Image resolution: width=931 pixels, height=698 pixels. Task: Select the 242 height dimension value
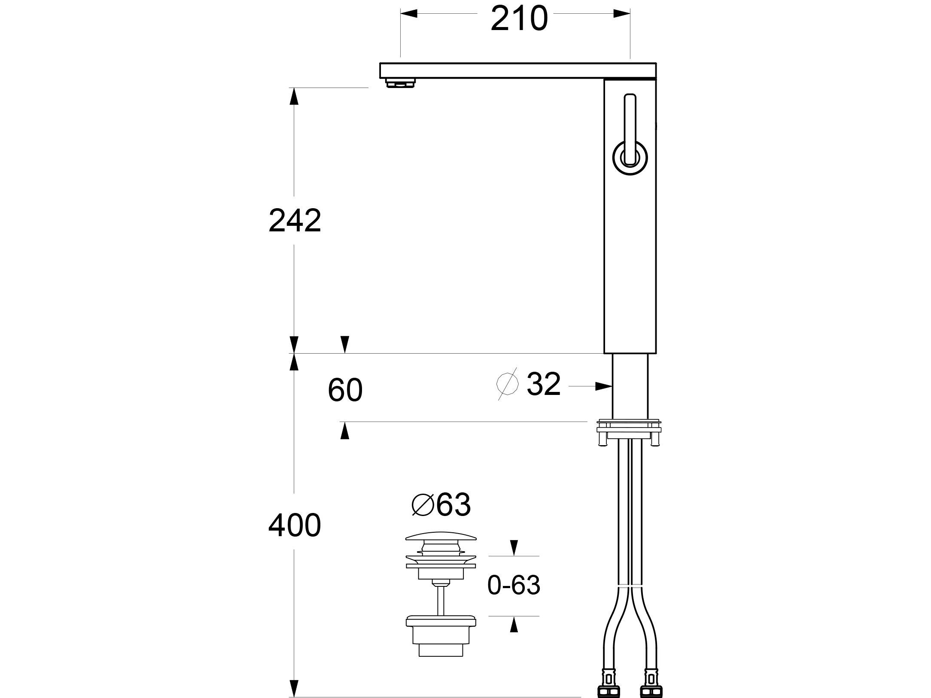tap(295, 221)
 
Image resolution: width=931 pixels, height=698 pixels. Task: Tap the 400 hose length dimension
tap(295, 525)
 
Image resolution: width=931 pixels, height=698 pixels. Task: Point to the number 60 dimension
tap(345, 390)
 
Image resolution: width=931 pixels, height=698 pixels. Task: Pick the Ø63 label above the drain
tap(441, 505)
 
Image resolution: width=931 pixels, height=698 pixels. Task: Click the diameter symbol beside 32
tap(508, 383)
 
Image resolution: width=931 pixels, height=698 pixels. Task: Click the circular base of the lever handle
tap(630, 158)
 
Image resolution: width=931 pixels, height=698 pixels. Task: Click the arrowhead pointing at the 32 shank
tap(603, 386)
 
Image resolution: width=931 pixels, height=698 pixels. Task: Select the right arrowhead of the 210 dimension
tap(622, 14)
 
